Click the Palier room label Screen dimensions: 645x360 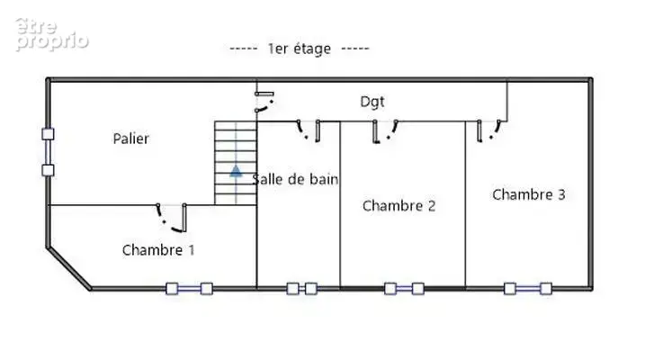tap(130, 139)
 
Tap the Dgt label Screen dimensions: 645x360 tap(372, 102)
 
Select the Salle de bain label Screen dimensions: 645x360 tap(295, 179)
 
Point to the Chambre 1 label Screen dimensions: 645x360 tap(158, 249)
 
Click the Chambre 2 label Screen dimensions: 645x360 tap(399, 206)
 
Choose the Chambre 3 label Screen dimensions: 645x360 tap(529, 194)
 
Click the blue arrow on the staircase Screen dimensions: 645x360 tap(236, 171)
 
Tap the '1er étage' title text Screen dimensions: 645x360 tap(299, 49)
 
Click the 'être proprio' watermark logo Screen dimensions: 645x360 tap(52, 34)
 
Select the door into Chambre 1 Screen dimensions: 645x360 tap(172, 218)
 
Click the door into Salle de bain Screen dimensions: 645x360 tap(309, 130)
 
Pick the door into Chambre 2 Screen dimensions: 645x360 tap(385, 131)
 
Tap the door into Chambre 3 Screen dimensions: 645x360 tap(489, 130)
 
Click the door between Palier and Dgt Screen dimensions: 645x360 tap(264, 102)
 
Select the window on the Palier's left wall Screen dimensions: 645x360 tap(49, 152)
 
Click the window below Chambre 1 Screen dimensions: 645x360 tap(189, 289)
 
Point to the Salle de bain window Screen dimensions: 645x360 tap(302, 289)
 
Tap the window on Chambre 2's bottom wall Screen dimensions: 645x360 tap(404, 289)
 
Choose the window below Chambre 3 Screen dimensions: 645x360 tap(528, 289)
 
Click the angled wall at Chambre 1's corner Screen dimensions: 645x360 tap(69, 268)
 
